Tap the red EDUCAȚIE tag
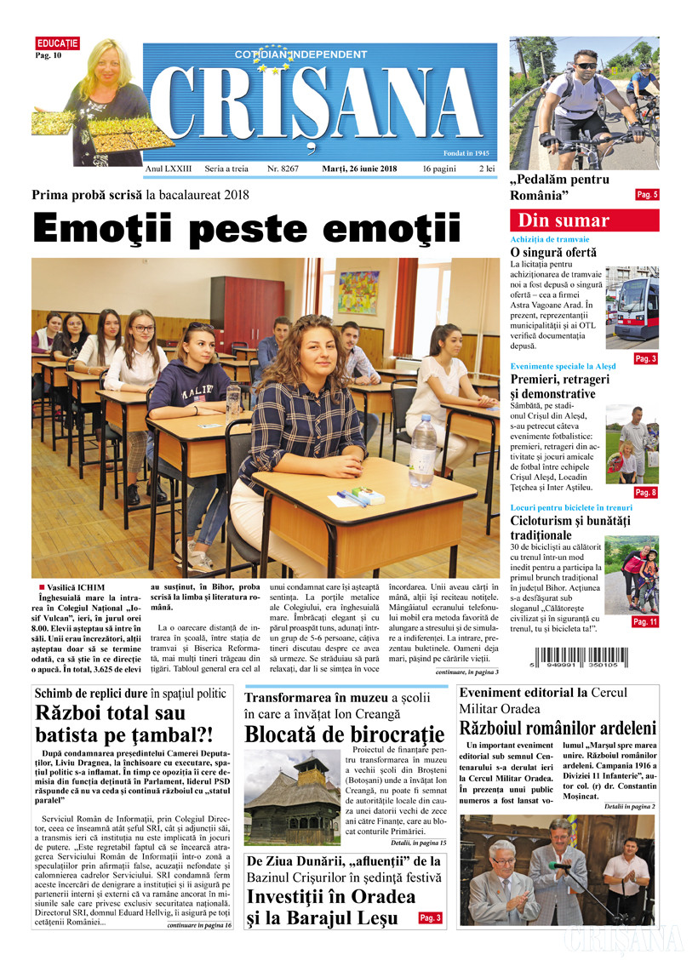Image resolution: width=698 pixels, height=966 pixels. point(57,43)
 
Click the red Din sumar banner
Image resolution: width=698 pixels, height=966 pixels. point(584,220)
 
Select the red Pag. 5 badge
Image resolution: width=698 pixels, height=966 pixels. point(647,195)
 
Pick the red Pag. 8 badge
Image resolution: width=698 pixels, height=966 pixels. point(646,492)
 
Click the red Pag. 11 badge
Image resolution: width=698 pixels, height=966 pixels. point(645,622)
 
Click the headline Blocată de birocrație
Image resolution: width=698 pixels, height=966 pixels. point(344,734)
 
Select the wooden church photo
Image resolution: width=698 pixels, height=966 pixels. point(292,795)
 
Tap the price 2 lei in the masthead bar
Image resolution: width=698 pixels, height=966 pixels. point(487,169)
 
